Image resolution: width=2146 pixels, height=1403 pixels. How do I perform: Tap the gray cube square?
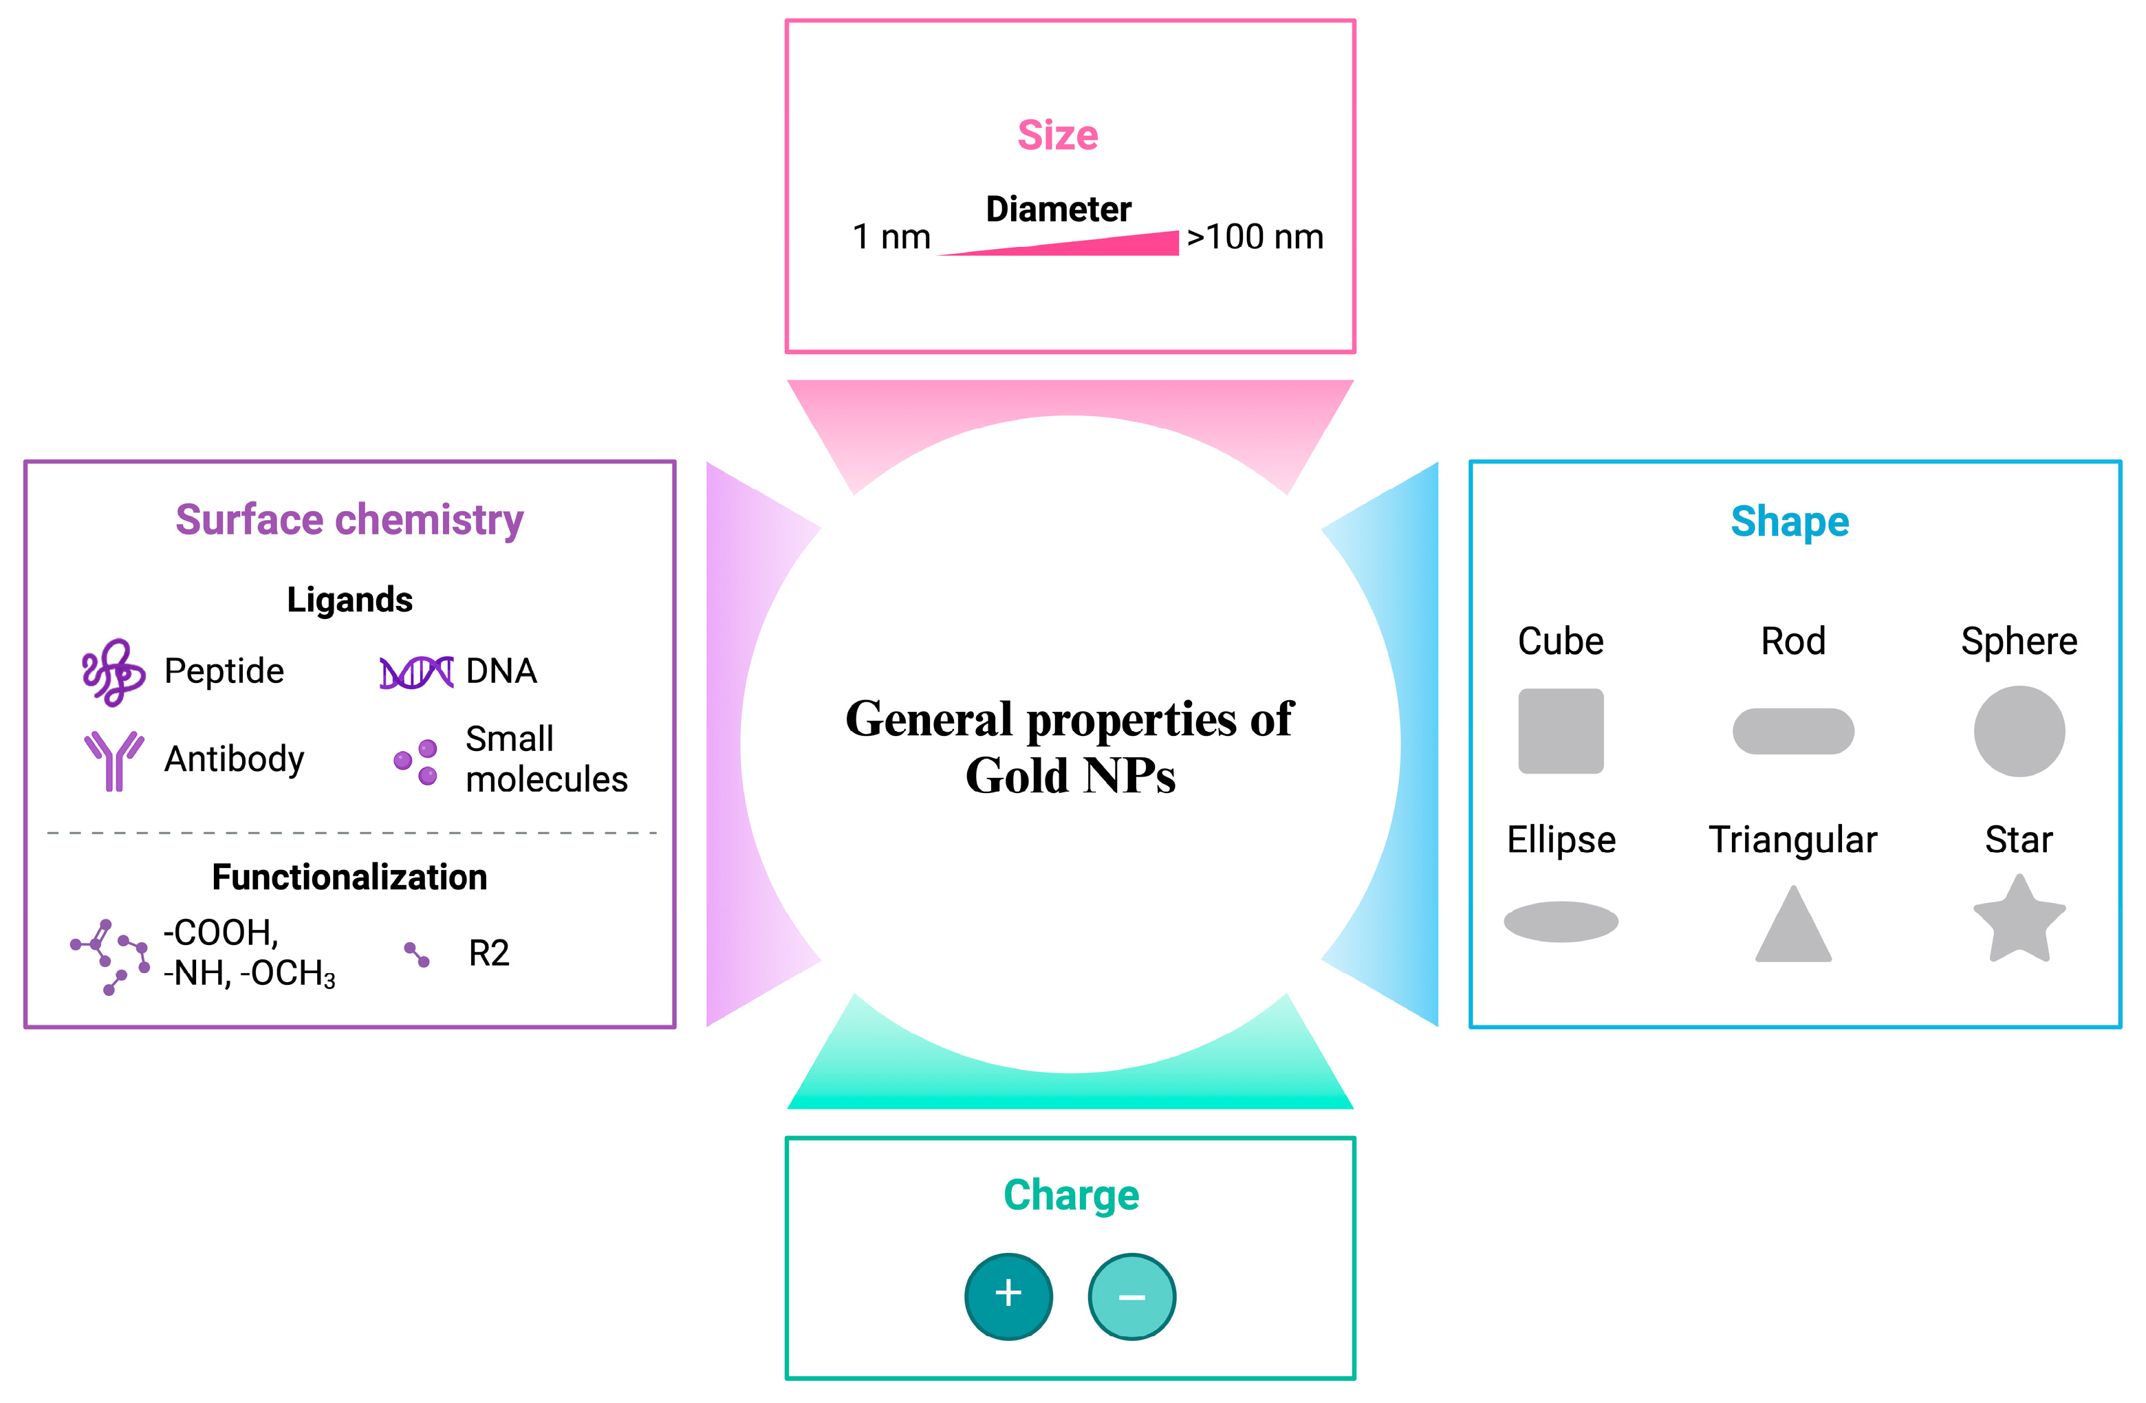click(x=1561, y=731)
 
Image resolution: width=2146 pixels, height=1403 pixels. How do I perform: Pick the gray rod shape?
click(x=1792, y=731)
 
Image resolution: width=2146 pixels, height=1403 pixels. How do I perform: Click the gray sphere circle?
click(x=2019, y=731)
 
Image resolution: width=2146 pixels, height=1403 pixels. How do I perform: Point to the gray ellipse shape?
click(x=1561, y=922)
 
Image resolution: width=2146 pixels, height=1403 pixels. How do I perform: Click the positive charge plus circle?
click(x=1008, y=1296)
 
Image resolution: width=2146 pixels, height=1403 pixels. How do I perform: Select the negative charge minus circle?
click(x=1131, y=1296)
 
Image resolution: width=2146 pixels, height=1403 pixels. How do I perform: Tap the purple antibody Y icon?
click(x=113, y=760)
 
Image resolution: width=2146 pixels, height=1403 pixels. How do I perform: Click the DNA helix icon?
click(x=415, y=673)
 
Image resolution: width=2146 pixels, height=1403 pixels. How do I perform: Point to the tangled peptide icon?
click(x=113, y=673)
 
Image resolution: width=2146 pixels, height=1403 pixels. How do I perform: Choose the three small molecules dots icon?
click(x=417, y=762)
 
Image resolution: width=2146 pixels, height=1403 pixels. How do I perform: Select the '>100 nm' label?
click(x=1254, y=237)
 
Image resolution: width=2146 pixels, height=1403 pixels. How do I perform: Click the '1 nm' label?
click(x=891, y=237)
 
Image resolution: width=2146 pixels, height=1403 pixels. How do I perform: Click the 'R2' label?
click(x=489, y=953)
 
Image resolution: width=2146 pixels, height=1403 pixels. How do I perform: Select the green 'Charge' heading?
click(x=1070, y=1195)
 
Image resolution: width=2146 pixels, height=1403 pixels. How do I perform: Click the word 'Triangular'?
click(x=1792, y=840)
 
